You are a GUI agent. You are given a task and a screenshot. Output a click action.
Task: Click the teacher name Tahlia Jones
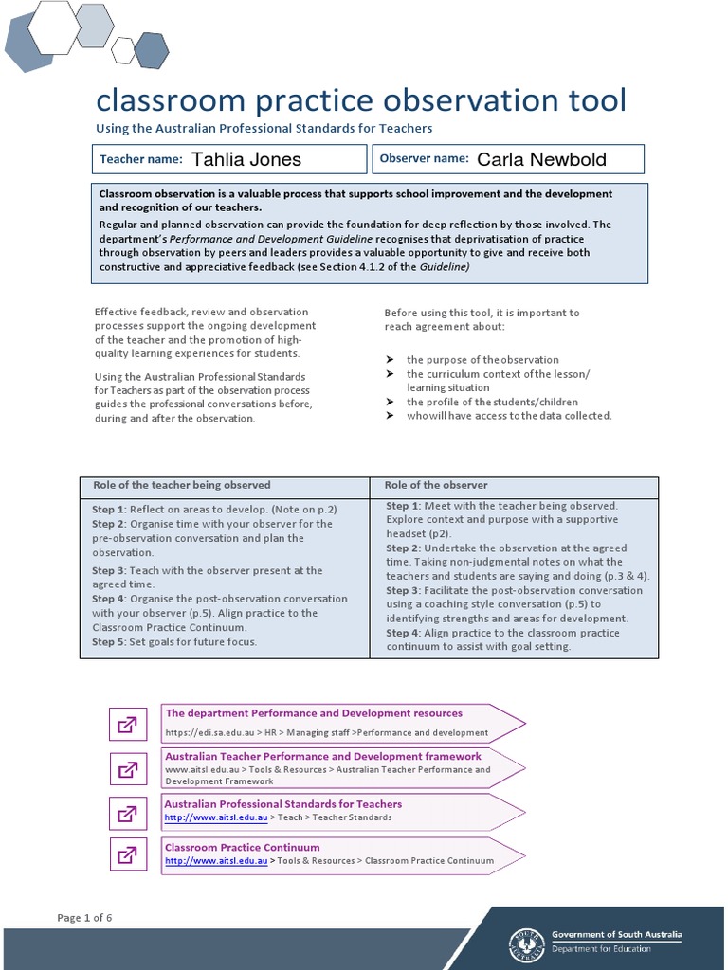[246, 159]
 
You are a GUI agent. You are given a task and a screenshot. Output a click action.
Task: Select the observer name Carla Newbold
[541, 159]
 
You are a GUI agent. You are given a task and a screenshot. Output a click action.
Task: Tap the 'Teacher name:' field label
[141, 159]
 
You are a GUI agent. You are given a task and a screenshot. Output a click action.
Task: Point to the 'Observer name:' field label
[424, 158]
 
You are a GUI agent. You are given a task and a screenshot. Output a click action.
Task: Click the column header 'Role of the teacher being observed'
[181, 485]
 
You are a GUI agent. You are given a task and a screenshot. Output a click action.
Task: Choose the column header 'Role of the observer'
[435, 485]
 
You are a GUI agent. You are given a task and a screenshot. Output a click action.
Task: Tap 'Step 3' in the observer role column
[403, 590]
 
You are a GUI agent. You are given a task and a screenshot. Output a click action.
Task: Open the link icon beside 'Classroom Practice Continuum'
[126, 855]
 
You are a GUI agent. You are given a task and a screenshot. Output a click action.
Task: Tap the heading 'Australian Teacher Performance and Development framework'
[323, 756]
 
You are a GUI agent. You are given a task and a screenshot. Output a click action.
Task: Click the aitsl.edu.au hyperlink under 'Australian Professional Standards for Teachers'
[216, 817]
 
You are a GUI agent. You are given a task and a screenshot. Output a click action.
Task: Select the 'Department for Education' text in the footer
[601, 948]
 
